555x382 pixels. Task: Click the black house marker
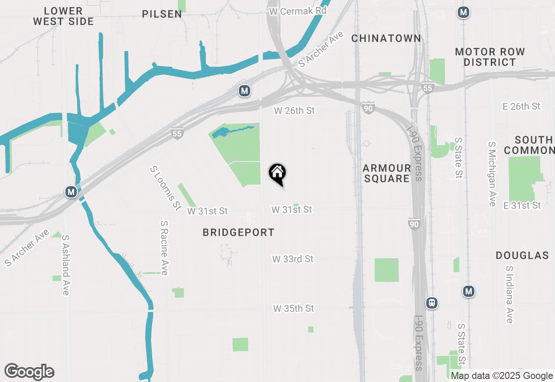[277, 174]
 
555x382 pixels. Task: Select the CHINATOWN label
[386, 38]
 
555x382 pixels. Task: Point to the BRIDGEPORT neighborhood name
[238, 233]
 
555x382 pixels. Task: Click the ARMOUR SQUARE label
[387, 173]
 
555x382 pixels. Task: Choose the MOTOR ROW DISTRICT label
[490, 57]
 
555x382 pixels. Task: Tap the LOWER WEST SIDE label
[63, 16]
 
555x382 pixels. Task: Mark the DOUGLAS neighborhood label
[522, 255]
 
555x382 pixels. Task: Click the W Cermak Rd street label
[297, 11]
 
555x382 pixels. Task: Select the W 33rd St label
[293, 259]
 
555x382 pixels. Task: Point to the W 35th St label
[294, 309]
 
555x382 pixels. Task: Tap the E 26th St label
[521, 106]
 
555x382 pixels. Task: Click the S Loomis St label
[165, 188]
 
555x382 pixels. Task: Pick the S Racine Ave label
[164, 248]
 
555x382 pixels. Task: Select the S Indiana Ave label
[509, 294]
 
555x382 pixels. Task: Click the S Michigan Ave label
[492, 174]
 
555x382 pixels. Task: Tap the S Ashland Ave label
[65, 265]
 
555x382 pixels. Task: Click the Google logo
[29, 372]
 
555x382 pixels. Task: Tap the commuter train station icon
[431, 303]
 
